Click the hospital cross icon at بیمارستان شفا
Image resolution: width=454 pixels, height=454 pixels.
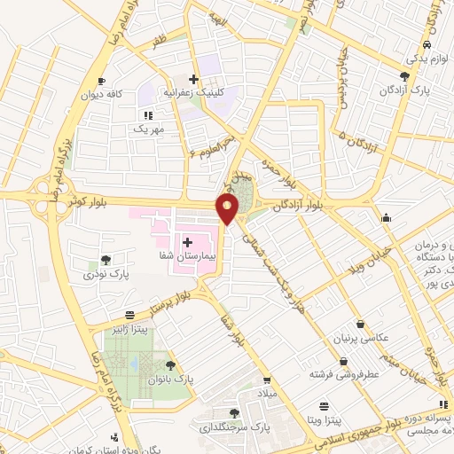[187, 241]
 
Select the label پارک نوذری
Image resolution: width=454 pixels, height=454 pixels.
[106, 275]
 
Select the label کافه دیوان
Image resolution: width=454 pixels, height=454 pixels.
[101, 93]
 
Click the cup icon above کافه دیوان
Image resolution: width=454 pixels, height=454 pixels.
[101, 80]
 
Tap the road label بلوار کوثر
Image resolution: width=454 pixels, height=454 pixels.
[84, 201]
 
